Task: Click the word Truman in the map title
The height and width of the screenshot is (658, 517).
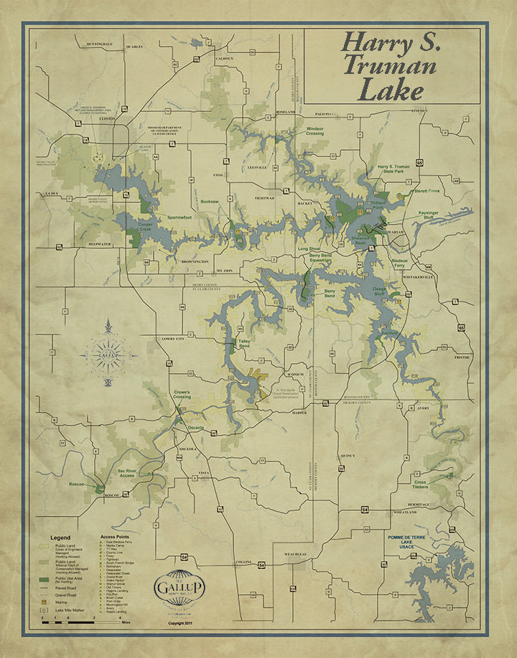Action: [x=389, y=66]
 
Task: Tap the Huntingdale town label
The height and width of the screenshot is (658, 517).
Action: [x=99, y=44]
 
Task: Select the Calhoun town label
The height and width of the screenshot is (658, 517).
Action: [x=225, y=58]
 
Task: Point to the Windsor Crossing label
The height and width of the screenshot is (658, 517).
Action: [x=310, y=131]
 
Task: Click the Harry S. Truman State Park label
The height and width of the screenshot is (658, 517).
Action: [x=388, y=169]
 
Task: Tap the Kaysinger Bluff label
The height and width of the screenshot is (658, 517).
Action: [x=432, y=216]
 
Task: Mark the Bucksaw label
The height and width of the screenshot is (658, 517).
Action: [x=209, y=202]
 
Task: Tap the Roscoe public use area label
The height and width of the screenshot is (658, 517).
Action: [x=78, y=484]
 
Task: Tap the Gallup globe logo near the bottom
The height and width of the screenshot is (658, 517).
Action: [x=177, y=583]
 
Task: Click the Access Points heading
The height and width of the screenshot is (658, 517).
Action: [x=116, y=537]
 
